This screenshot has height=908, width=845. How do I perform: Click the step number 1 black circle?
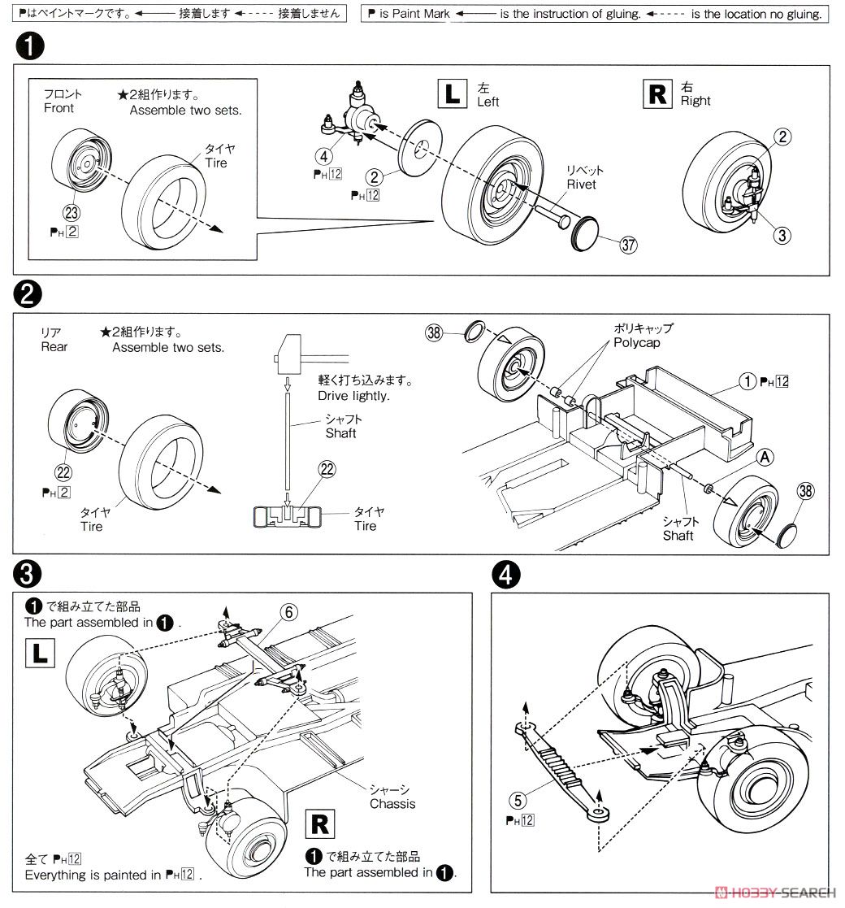pyautogui.click(x=29, y=48)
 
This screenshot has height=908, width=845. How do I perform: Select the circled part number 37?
pyautogui.click(x=626, y=246)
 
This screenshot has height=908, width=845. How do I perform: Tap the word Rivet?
pyautogui.click(x=583, y=184)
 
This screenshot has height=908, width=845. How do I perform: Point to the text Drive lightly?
pyautogui.click(x=353, y=395)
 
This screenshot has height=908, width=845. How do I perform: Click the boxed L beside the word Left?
pyautogui.click(x=452, y=94)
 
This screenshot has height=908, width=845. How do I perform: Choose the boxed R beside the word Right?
pyautogui.click(x=655, y=94)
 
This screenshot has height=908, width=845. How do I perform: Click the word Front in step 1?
pyautogui.click(x=58, y=108)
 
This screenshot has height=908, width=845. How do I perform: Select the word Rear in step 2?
pyautogui.click(x=54, y=347)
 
